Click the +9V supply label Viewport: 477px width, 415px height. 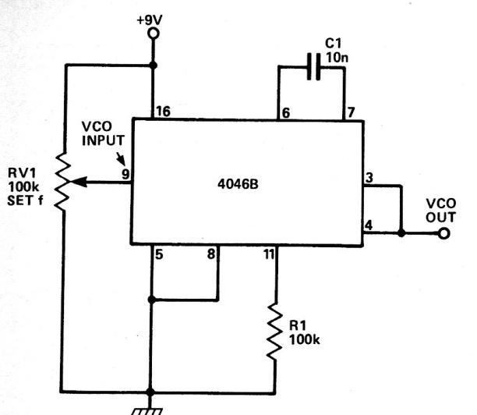tap(150, 20)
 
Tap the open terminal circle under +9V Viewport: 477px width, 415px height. tap(154, 34)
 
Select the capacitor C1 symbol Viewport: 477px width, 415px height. tap(313, 66)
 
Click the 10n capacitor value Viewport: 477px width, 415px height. tap(337, 58)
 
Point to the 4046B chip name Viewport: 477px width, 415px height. tap(238, 184)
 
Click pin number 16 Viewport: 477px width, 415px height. tap(164, 112)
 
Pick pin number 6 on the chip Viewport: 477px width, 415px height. tap(285, 113)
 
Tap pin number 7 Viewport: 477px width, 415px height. tap(351, 112)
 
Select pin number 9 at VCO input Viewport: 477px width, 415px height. tap(125, 174)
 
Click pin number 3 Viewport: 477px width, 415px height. tap(369, 178)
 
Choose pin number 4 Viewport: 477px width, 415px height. tap(369, 225)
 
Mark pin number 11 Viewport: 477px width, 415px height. tap(269, 254)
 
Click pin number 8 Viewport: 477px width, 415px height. tap(211, 254)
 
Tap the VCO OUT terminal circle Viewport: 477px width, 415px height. tap(443, 233)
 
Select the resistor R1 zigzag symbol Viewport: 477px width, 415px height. tap(275, 331)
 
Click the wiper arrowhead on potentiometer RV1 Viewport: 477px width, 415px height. tap(78, 182)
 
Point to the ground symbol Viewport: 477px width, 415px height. tap(147, 412)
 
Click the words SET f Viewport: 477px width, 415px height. tap(25, 200)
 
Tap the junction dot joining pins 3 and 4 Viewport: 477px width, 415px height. tap(401, 233)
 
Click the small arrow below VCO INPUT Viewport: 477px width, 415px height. tap(121, 159)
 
